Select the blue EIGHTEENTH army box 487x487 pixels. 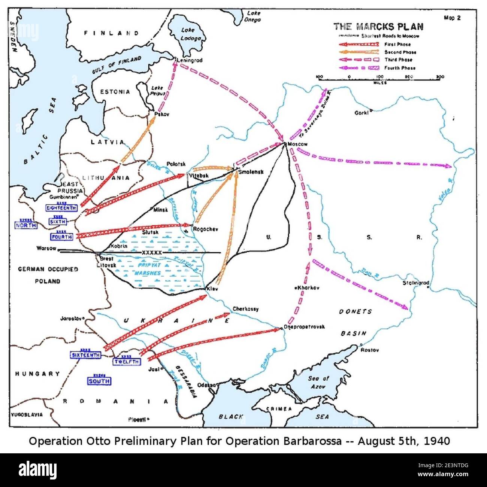[x=61, y=208]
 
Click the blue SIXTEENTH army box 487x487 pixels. [x=86, y=355]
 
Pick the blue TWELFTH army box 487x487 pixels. [x=127, y=362]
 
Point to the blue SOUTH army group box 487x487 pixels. [x=99, y=381]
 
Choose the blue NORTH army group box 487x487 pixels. [x=26, y=225]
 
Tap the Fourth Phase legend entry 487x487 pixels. [x=400, y=68]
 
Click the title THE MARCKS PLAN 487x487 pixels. [x=378, y=27]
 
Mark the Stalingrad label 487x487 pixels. [x=416, y=283]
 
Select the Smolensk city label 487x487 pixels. [x=251, y=172]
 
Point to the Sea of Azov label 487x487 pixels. [x=318, y=382]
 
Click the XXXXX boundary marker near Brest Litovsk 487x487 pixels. [x=152, y=253]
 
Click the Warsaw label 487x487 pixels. [x=46, y=248]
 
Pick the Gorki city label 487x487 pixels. [x=362, y=112]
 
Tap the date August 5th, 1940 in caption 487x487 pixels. [x=403, y=441]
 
